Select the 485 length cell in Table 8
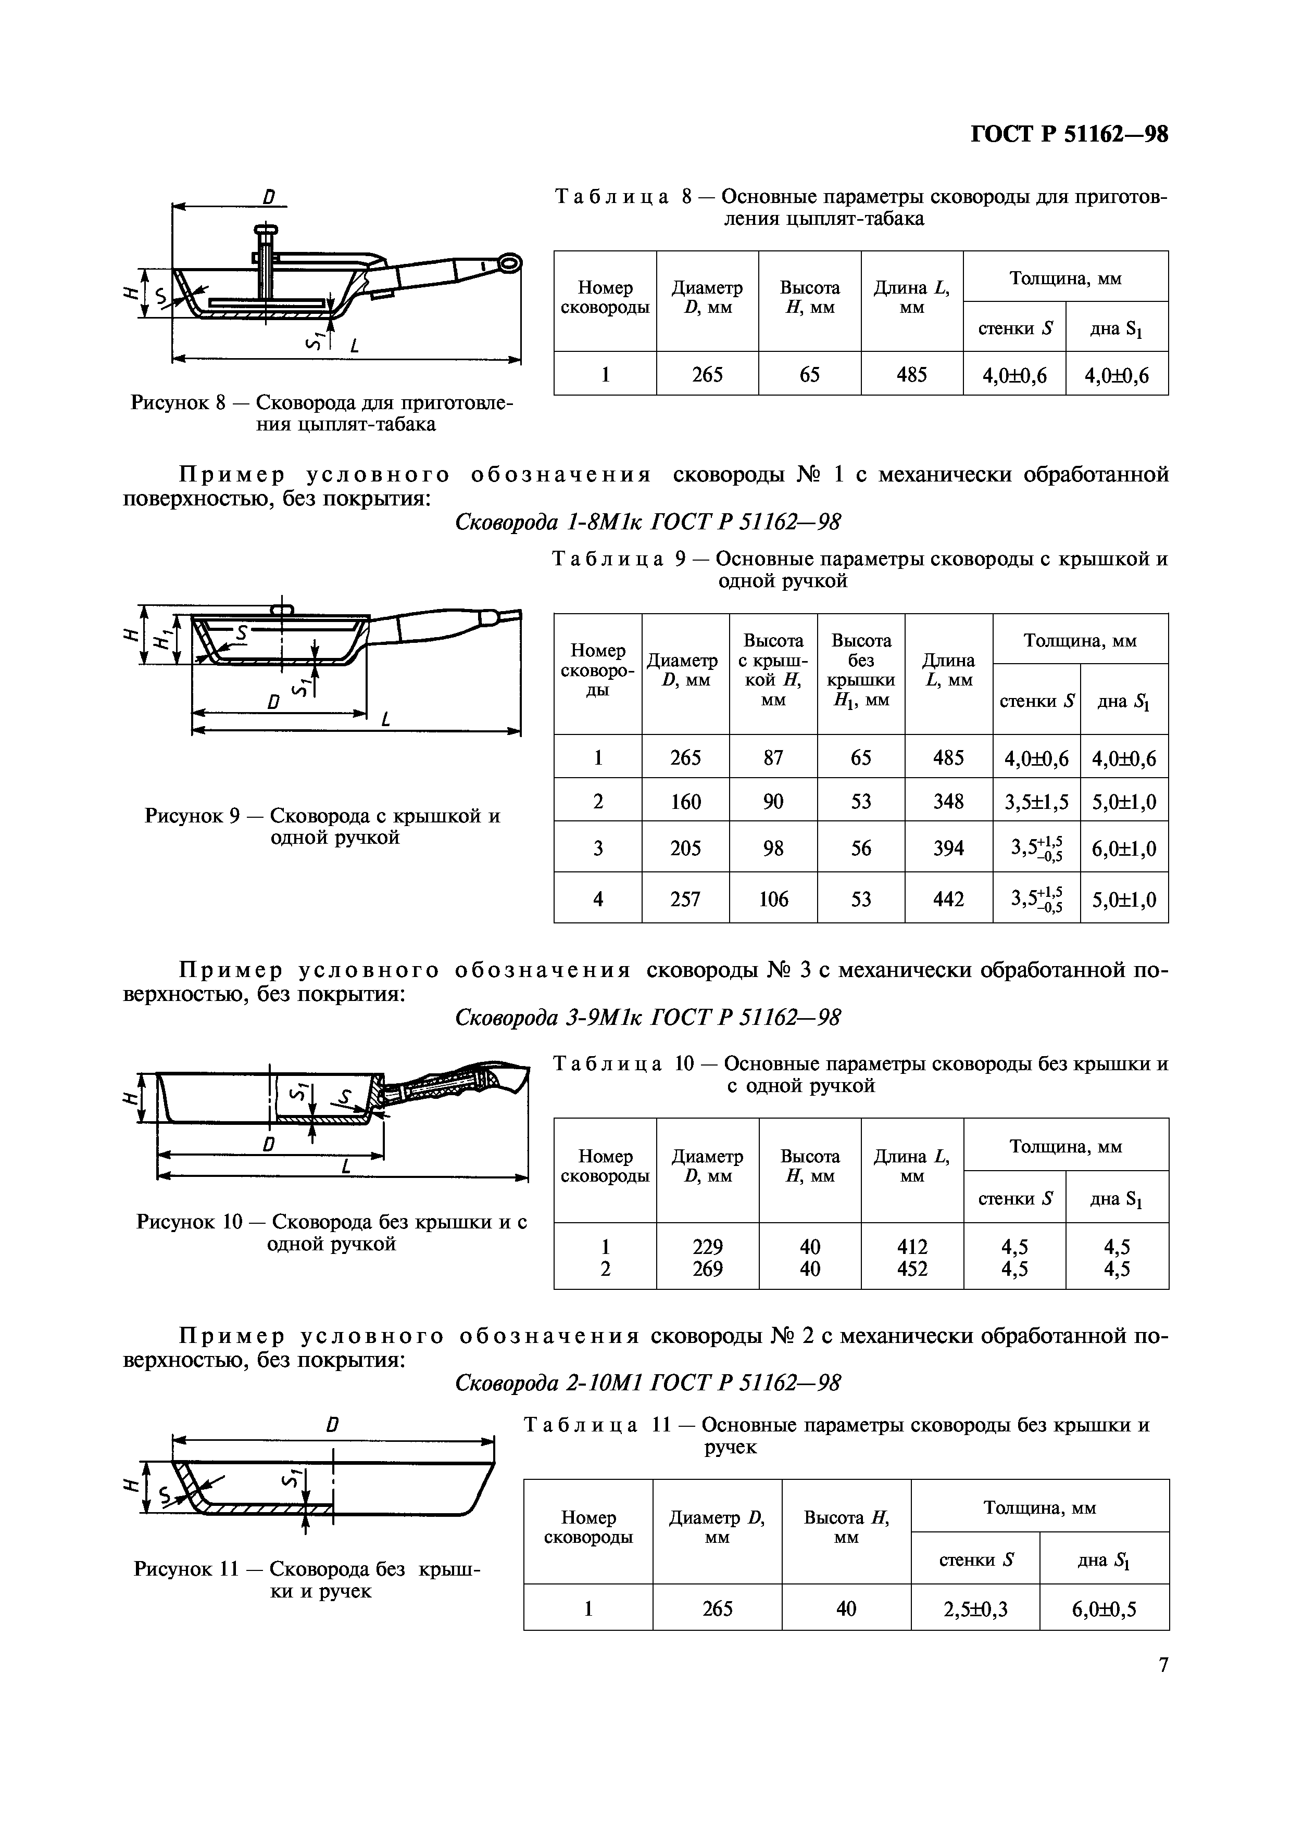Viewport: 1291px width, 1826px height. (x=911, y=374)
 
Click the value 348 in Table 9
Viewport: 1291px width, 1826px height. (x=948, y=801)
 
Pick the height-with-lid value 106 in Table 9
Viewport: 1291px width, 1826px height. (x=773, y=898)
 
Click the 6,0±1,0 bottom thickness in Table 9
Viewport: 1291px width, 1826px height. (x=1123, y=848)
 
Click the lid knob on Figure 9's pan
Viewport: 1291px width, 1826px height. (x=282, y=608)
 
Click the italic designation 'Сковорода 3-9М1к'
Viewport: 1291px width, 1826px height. (x=549, y=1017)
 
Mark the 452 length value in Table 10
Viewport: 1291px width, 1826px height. (x=911, y=1269)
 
